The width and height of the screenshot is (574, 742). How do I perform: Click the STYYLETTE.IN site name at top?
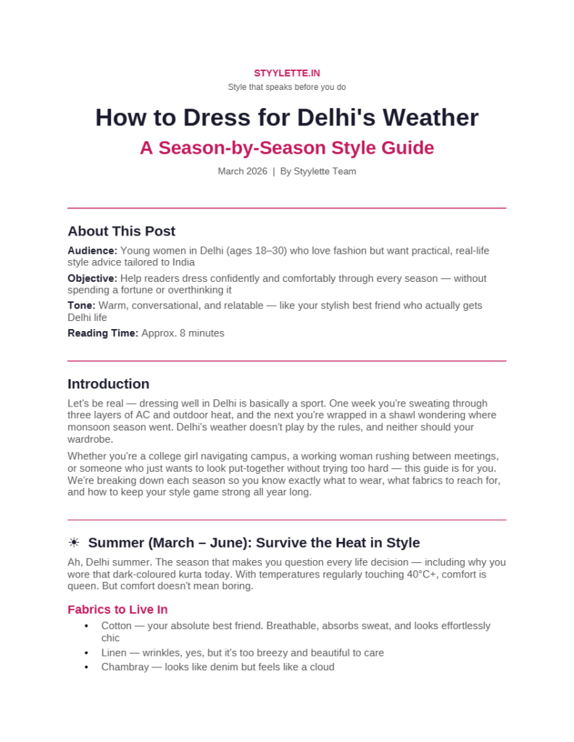(287, 73)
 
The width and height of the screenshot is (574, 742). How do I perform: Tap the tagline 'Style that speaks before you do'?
(287, 87)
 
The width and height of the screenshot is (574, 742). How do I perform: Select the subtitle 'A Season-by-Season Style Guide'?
(287, 148)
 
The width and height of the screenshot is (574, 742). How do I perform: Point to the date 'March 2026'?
(242, 172)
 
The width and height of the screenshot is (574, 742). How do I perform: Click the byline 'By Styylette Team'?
(318, 172)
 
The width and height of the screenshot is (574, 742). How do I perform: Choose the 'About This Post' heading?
(121, 231)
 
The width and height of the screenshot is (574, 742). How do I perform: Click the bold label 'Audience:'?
(92, 251)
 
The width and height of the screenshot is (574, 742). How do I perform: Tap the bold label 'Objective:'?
(92, 278)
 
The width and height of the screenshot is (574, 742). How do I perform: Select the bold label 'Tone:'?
(81, 306)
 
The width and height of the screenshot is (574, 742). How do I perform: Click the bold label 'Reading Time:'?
(103, 333)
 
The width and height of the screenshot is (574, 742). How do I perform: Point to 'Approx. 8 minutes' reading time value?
(183, 333)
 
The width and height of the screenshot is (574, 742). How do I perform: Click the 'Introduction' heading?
(108, 384)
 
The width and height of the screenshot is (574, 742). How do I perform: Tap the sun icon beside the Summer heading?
(73, 543)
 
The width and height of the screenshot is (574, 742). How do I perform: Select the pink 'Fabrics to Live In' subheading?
(117, 609)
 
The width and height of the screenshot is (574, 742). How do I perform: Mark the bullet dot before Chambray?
(87, 667)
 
